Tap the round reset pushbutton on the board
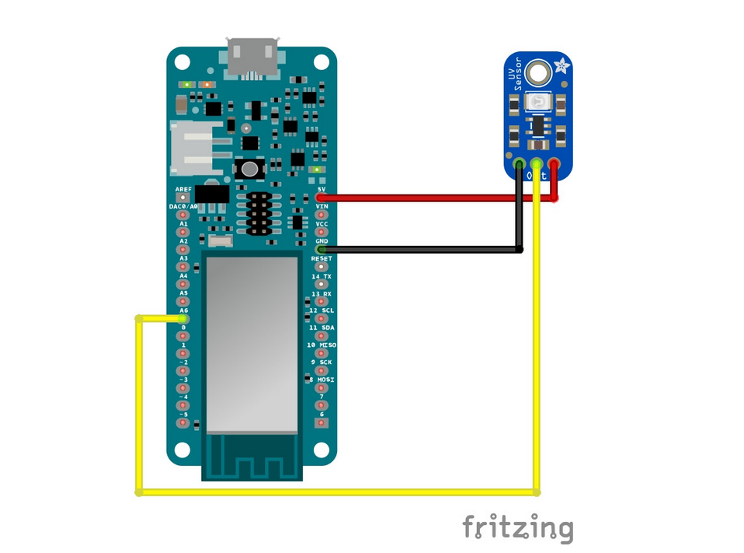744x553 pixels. (x=249, y=168)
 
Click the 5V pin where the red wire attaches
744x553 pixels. (x=321, y=198)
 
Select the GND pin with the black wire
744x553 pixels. (x=321, y=250)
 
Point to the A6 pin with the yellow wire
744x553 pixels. (x=183, y=318)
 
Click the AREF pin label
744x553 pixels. (x=183, y=189)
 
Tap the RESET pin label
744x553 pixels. (x=322, y=258)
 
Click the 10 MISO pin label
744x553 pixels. (x=322, y=344)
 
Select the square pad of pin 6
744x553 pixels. (x=322, y=422)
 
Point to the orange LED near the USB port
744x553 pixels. (x=207, y=84)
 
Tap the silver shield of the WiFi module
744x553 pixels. (x=252, y=342)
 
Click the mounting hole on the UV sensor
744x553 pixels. (x=537, y=74)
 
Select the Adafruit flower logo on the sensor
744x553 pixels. (x=561, y=68)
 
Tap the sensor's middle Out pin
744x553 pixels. (x=537, y=164)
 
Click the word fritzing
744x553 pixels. (x=518, y=528)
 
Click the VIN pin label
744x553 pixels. (x=322, y=206)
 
